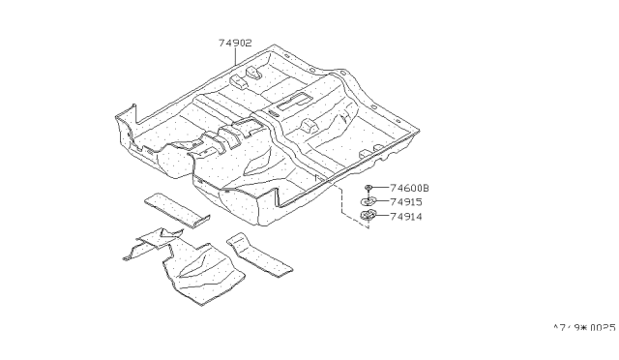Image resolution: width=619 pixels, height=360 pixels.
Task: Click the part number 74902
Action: tap(235, 44)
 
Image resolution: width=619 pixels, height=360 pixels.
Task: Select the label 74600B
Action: tap(410, 188)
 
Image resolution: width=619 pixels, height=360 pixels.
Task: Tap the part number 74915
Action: tap(407, 202)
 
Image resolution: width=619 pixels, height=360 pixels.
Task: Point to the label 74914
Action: tap(407, 217)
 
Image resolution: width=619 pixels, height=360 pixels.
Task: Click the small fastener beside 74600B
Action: tap(370, 188)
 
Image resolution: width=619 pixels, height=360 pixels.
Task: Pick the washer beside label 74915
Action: tap(370, 202)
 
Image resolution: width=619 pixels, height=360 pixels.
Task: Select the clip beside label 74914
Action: tap(370, 216)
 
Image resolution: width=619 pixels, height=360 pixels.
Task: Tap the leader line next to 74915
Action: tap(384, 202)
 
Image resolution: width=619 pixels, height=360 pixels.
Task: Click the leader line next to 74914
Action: tap(384, 217)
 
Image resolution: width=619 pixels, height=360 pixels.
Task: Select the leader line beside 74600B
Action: tap(384, 188)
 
